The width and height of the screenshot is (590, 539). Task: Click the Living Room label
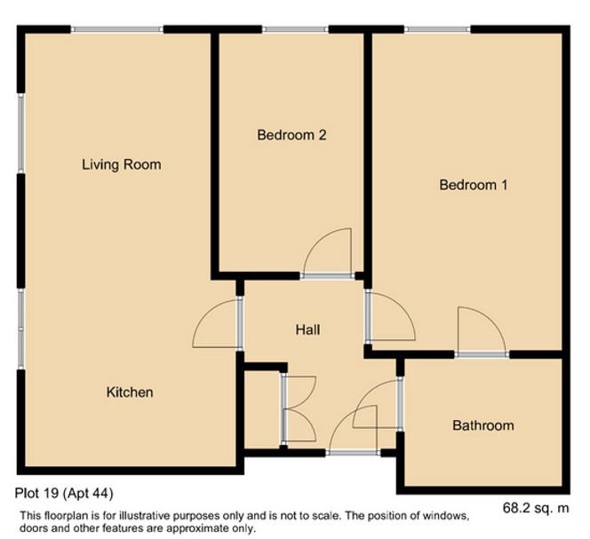pos(121,164)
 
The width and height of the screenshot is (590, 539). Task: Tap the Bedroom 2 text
pos(291,135)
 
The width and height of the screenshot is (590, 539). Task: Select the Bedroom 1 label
pos(473,185)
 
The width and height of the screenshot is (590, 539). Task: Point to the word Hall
pos(307,329)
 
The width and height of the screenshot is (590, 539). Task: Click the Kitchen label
pos(130,392)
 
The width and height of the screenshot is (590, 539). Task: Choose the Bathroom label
pos(482,425)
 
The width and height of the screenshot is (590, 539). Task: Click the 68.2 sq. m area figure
pos(536,508)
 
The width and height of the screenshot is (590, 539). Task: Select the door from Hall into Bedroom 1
pos(389,317)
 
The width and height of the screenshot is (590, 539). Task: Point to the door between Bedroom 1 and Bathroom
pos(482,333)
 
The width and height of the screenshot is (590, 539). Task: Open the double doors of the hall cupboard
pos(297,409)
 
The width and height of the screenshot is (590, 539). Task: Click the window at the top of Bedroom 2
pos(296,30)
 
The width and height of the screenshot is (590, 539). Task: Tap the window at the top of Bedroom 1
pos(437,30)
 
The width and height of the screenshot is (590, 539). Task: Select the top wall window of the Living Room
pos(117,30)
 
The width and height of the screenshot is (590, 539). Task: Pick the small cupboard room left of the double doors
pos(261,409)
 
